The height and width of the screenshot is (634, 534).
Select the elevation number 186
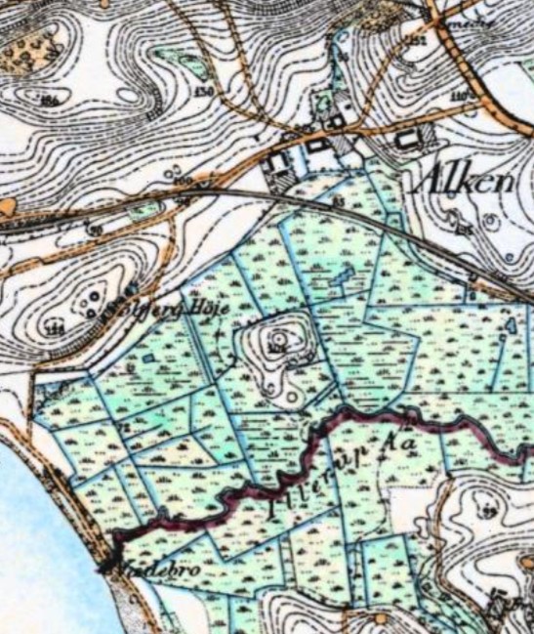(49, 101)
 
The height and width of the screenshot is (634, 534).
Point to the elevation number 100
(180, 182)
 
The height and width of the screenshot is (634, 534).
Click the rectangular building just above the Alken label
(406, 140)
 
